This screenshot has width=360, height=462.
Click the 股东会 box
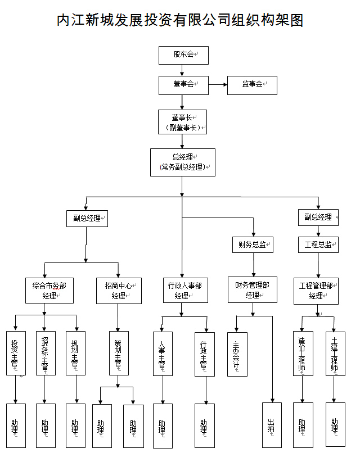[x=183, y=55]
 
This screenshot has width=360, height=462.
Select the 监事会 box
[x=252, y=85]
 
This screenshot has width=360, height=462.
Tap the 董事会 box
[x=183, y=85]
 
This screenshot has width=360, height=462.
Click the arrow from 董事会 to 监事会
[x=218, y=85]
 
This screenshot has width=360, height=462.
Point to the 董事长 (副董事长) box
[x=183, y=122]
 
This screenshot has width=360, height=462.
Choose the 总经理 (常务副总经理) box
[x=183, y=162]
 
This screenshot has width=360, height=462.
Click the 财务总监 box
[x=253, y=244]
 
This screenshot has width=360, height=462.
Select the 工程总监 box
[x=318, y=244]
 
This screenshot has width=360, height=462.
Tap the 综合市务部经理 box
[x=49, y=290]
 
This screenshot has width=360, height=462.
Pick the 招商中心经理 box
[x=118, y=290]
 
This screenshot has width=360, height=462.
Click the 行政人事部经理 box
[x=182, y=290]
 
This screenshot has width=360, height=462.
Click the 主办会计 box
[x=237, y=354]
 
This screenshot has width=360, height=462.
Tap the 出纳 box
[x=272, y=425]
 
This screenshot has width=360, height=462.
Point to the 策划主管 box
[x=118, y=353]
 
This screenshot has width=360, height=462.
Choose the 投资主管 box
[x=16, y=353]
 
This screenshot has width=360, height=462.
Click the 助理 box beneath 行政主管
[x=205, y=425]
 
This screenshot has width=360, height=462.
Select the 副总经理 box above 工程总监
[x=318, y=217]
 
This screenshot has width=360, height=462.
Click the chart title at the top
[x=180, y=21]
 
